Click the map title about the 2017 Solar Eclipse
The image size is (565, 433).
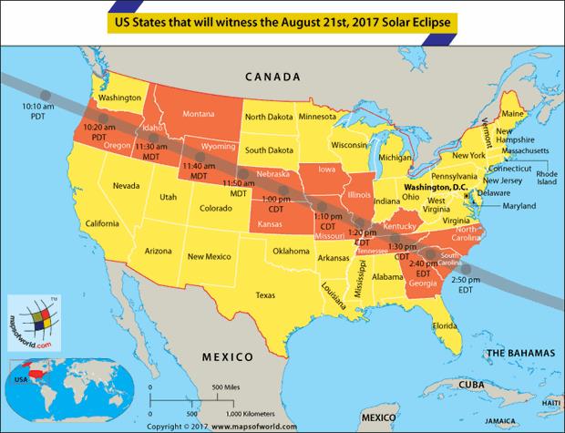click(282, 18)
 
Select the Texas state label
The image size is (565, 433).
click(265, 295)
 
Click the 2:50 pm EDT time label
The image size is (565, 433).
click(465, 284)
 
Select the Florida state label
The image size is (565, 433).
click(445, 325)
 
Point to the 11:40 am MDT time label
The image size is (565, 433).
click(198, 170)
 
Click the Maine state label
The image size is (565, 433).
click(514, 114)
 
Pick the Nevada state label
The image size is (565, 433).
click(127, 186)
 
